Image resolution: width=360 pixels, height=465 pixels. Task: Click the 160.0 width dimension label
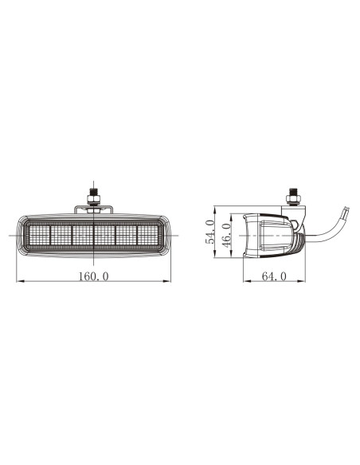(94, 276)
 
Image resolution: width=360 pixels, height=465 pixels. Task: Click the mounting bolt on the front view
(94, 196)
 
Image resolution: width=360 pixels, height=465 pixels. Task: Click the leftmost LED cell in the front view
(39, 235)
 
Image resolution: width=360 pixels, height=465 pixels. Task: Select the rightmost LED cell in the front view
(148, 235)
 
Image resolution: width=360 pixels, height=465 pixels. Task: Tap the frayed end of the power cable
(345, 214)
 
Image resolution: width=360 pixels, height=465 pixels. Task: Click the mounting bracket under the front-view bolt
(94, 209)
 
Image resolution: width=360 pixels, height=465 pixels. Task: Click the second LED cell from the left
(61, 235)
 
